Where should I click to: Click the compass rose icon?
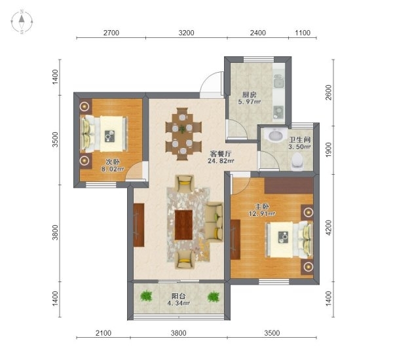tap(22, 22)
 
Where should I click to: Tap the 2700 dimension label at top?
tap(111, 33)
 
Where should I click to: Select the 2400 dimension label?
tap(258, 33)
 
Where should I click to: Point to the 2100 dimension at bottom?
tap(103, 333)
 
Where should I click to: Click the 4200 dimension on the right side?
tap(329, 228)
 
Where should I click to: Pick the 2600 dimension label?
tap(329, 92)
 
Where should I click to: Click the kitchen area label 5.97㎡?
tap(249, 101)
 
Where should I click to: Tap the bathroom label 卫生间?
tap(300, 139)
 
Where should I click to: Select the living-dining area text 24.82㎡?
tap(221, 161)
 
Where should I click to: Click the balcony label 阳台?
tap(178, 296)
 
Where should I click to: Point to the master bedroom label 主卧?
tap(262, 207)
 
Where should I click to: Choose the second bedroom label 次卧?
tap(113, 162)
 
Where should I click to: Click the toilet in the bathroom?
tap(297, 161)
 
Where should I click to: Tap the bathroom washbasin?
tap(276, 135)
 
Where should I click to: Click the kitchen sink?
tap(279, 81)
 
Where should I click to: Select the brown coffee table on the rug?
tap(183, 225)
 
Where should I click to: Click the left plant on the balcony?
tap(146, 296)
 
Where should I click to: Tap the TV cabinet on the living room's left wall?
tap(139, 225)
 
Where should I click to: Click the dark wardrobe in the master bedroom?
tap(289, 186)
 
